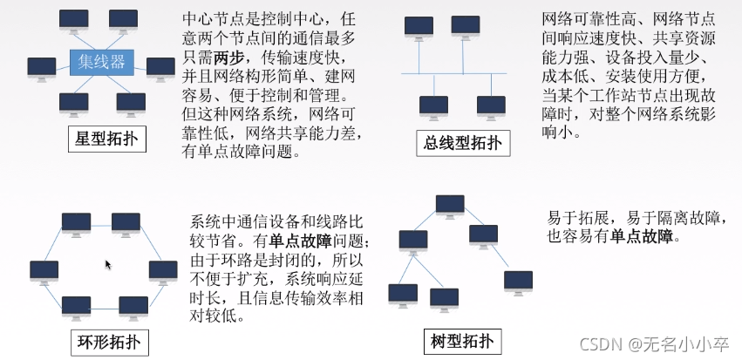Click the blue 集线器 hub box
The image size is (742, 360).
(102, 61)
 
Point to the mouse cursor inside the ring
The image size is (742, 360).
(108, 264)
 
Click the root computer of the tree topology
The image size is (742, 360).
(450, 207)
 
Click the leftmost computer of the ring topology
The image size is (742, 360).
(44, 271)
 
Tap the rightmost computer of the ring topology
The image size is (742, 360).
(163, 271)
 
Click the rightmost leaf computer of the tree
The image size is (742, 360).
(518, 281)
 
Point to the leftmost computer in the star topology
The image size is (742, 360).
(41, 68)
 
